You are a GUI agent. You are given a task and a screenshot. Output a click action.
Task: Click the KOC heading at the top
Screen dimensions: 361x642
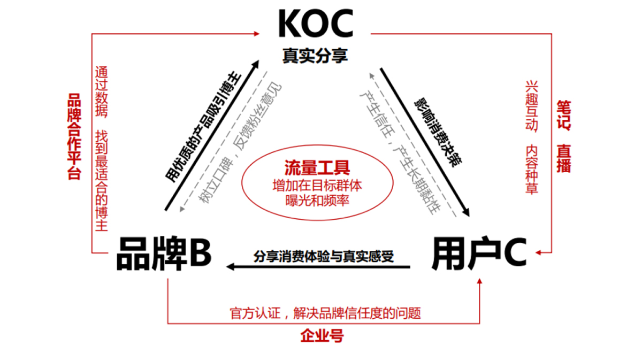[316, 24]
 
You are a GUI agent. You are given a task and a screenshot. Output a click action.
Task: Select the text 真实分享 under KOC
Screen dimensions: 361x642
[316, 56]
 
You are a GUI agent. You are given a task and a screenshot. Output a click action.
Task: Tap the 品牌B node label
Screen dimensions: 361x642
[164, 254]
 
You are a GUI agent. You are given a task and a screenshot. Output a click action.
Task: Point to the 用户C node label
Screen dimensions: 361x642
[479, 254]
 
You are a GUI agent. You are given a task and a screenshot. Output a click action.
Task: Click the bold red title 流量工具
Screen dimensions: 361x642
[318, 168]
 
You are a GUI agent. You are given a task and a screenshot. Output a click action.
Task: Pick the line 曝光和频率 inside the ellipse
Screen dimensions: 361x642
[318, 202]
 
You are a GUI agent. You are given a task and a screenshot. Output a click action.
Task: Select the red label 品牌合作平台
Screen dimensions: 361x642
[73, 136]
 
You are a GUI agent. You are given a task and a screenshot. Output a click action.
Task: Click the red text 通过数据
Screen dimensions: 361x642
[101, 91]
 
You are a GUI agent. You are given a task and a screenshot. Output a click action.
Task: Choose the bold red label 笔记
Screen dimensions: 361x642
[563, 115]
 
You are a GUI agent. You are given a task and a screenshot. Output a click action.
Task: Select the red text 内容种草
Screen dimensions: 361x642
[531, 169]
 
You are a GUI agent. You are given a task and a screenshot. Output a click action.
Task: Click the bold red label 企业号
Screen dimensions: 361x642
[322, 336]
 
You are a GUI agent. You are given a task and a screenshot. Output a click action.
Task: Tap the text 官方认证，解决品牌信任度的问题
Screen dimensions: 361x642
[325, 313]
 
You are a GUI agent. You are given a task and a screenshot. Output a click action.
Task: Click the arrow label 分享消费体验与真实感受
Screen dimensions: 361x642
[324, 256]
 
